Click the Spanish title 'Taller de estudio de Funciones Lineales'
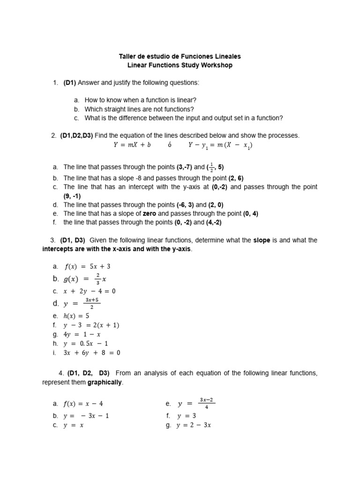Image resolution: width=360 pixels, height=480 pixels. [180, 56]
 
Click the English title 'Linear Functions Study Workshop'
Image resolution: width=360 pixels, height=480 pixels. [180, 65]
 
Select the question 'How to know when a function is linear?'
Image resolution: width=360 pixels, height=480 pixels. [140, 100]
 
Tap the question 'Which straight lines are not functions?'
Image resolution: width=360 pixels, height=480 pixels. [139, 109]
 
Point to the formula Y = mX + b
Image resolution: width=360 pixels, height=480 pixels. [132, 145]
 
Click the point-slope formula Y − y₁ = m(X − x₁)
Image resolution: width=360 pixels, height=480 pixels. [220, 145]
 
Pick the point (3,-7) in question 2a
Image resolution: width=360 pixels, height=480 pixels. [184, 167]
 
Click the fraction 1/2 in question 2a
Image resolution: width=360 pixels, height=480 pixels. [212, 167]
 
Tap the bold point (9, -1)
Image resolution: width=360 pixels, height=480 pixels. [72, 196]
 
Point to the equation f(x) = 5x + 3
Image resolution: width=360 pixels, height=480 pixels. [88, 266]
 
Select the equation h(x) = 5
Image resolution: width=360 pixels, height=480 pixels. [76, 316]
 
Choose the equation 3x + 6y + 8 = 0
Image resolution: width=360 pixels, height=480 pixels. [92, 353]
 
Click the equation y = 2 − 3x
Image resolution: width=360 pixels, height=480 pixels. [194, 426]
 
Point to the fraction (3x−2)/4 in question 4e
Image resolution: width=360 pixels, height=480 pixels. [207, 403]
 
